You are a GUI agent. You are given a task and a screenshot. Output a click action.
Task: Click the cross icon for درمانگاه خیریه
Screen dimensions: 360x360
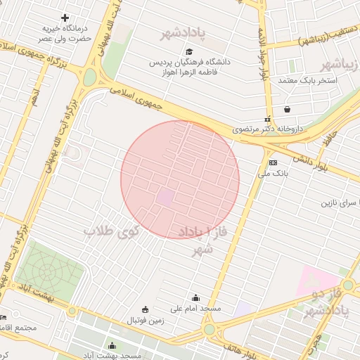65,18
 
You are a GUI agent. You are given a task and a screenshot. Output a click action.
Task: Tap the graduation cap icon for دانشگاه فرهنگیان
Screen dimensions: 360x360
188,51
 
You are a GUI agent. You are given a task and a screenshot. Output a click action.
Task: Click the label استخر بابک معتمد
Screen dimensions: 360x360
308,81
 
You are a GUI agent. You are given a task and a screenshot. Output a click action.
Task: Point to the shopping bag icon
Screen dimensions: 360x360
288,110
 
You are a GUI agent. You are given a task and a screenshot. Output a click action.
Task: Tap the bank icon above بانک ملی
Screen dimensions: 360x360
274,162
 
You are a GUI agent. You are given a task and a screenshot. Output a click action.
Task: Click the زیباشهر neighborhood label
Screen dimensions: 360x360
340,66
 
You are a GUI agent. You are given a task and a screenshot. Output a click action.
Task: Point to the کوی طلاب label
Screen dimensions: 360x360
112,230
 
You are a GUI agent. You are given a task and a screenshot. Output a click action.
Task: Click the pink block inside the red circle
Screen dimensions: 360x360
165,198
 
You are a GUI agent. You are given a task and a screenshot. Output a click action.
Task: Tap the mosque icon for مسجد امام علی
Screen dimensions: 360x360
195,298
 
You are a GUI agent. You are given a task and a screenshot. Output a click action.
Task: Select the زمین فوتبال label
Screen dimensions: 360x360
146,320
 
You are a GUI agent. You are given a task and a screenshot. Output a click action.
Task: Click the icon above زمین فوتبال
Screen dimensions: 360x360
146,309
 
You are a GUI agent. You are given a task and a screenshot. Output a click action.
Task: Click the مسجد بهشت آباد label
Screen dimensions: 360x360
112,356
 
